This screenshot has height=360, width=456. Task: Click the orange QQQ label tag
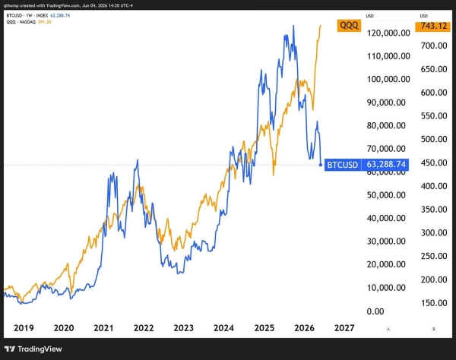349,26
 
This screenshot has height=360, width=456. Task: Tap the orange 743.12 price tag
432,26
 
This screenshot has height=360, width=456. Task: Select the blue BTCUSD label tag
343,165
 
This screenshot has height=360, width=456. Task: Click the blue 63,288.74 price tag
385,165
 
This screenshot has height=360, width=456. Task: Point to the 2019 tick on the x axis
24,328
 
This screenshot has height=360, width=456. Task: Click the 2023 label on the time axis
183,328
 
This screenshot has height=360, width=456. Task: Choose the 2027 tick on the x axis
344,328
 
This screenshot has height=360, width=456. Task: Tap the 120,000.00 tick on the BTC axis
388,33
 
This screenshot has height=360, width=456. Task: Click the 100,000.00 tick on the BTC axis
388,79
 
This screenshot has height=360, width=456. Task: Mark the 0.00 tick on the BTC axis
375,311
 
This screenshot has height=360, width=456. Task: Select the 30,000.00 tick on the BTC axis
386,242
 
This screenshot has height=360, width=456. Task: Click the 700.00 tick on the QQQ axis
434,46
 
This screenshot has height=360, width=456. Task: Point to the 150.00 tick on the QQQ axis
434,303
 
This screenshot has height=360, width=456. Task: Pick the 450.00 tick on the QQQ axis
434,163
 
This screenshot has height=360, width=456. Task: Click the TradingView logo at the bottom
33,349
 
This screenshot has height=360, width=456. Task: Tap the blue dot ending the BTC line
321,165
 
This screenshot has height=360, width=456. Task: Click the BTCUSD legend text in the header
14,16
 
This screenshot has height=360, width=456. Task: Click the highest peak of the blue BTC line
293,26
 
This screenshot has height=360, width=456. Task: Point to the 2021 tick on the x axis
103,328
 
